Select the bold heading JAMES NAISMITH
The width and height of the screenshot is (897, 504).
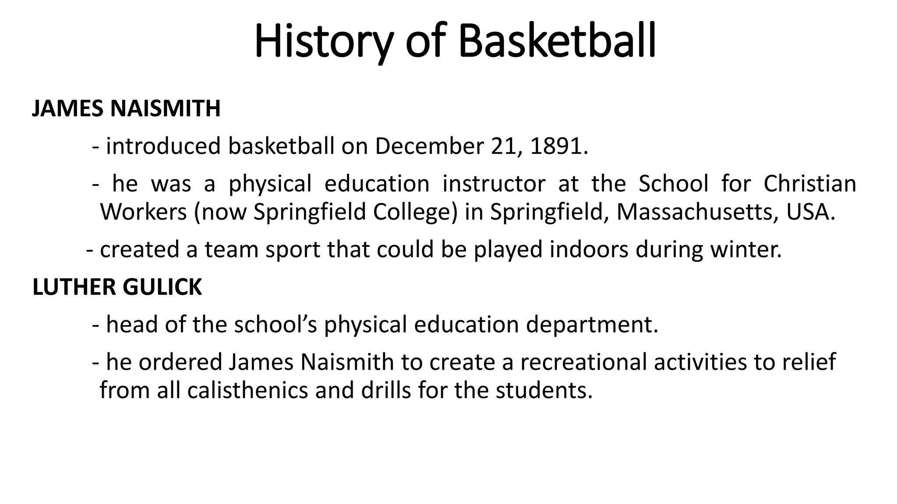coord(126,108)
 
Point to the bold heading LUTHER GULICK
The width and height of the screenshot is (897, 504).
coord(117,287)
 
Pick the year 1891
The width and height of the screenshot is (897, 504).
coord(556,146)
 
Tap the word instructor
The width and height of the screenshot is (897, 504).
coord(494,184)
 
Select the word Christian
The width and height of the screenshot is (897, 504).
coord(810,184)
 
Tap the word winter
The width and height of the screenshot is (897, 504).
coord(745,249)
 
